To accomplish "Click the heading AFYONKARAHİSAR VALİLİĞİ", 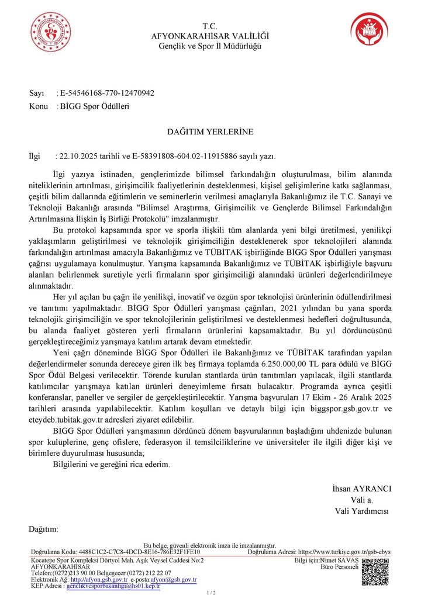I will pos(210,36).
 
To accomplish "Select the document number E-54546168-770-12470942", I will pos(107,93).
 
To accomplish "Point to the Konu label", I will pos(39,106).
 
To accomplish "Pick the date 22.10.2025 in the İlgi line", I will pos(75,156).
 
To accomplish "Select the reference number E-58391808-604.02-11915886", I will pos(182,156).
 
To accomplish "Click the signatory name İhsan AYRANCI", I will pos(361,489).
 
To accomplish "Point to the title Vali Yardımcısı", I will pos(361,511).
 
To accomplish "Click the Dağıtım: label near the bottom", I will pos(44,529).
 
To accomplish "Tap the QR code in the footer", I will pos(375,571).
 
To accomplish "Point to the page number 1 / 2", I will pos(210,592).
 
